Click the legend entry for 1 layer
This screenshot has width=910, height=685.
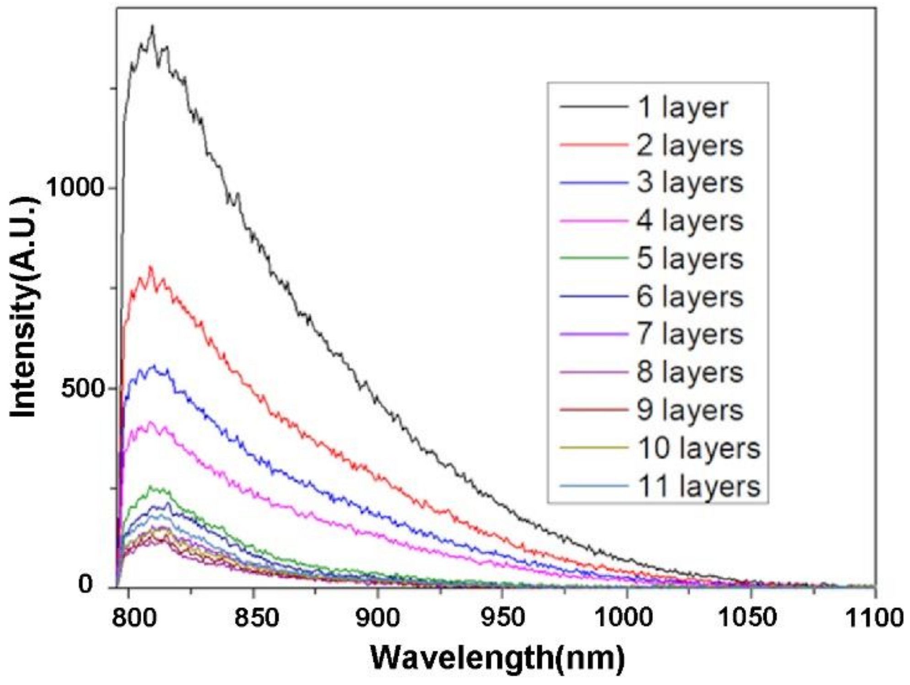pos(682,108)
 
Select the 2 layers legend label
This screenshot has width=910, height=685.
pos(690,146)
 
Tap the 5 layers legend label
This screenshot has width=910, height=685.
pos(690,259)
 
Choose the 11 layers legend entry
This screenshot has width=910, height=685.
pos(699,486)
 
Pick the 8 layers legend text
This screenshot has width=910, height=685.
pos(690,372)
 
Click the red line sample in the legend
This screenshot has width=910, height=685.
pos(594,145)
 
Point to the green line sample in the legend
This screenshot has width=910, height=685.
pos(594,258)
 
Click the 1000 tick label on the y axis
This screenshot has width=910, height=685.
pos(75,187)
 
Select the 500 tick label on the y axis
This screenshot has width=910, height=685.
pos(84,388)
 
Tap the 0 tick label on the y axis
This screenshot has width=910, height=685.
pos(85,584)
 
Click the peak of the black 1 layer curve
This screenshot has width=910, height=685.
pos(152,26)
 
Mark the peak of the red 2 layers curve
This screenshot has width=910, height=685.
pos(151,266)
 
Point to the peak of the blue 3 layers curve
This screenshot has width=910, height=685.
pos(154,365)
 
